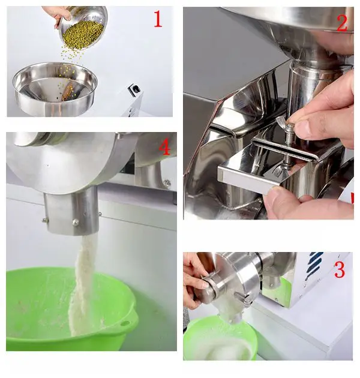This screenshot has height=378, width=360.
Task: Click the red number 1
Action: point(158,19)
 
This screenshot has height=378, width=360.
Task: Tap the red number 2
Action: point(341,23)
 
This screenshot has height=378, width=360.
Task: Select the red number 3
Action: point(340,269)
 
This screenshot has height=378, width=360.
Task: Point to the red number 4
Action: point(164,147)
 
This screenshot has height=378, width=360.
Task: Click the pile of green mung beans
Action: point(83,33)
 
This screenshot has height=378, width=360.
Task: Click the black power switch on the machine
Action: point(134,89)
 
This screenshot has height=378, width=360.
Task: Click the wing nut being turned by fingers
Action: point(285,123)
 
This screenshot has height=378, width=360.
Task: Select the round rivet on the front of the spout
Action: point(76,222)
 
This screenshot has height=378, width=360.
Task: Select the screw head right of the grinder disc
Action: point(167,183)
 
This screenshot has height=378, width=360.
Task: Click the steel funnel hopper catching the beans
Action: point(55,88)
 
